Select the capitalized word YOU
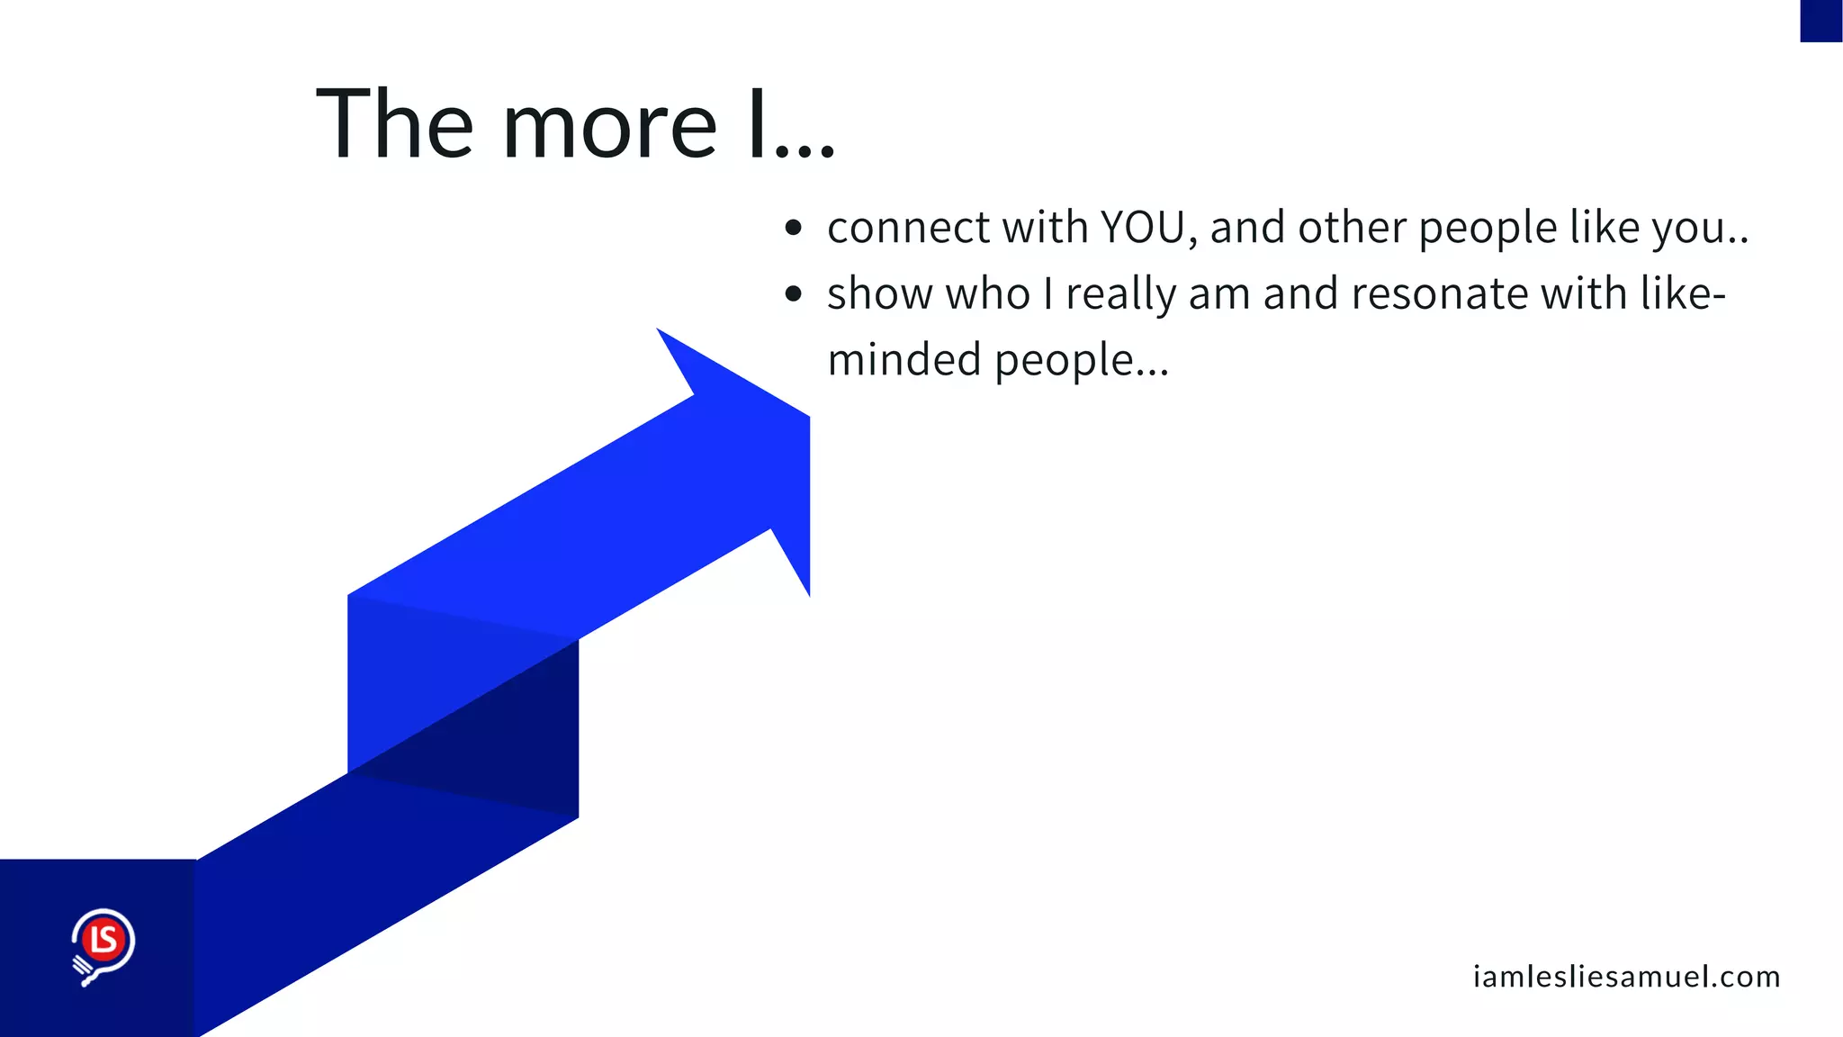[x=1143, y=227]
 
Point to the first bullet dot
[x=793, y=228]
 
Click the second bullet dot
[x=793, y=293]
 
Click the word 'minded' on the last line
[x=904, y=359]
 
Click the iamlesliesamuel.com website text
[x=1626, y=977]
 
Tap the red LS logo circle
[x=103, y=940]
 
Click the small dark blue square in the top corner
[x=1821, y=21]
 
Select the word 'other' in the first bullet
[x=1351, y=227]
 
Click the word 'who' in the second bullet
[x=987, y=293]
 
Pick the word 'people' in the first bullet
[x=1487, y=229]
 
